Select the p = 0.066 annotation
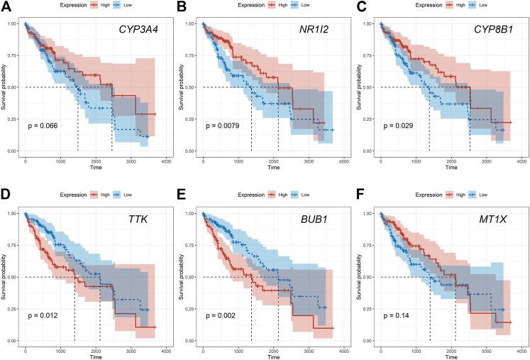click(x=43, y=126)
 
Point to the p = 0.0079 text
click(x=222, y=126)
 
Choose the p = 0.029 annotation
click(x=399, y=126)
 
